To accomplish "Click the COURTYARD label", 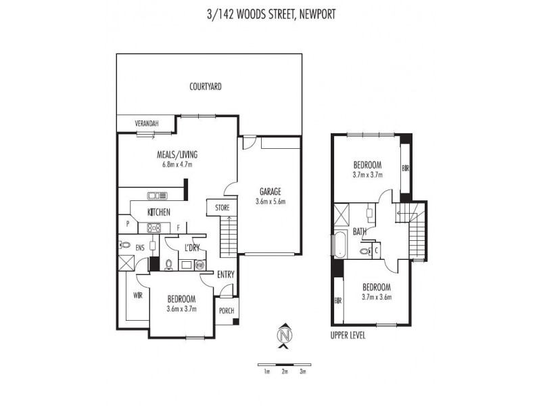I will point(206,87).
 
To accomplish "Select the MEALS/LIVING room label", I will point(177,154).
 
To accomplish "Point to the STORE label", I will point(222,207).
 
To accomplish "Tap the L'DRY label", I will point(192,248).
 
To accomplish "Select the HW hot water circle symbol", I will point(199,265).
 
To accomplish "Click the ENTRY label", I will point(225,274).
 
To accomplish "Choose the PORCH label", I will point(227,311).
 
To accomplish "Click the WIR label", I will point(137,295).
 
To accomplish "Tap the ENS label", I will point(140,248).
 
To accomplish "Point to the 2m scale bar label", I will point(285,371).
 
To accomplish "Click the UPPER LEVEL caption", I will point(348,334).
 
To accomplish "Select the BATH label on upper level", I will point(359,231).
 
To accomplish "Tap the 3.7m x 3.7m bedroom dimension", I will point(367,174).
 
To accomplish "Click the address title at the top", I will point(270,13).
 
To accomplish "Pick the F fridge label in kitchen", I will point(179,228).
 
